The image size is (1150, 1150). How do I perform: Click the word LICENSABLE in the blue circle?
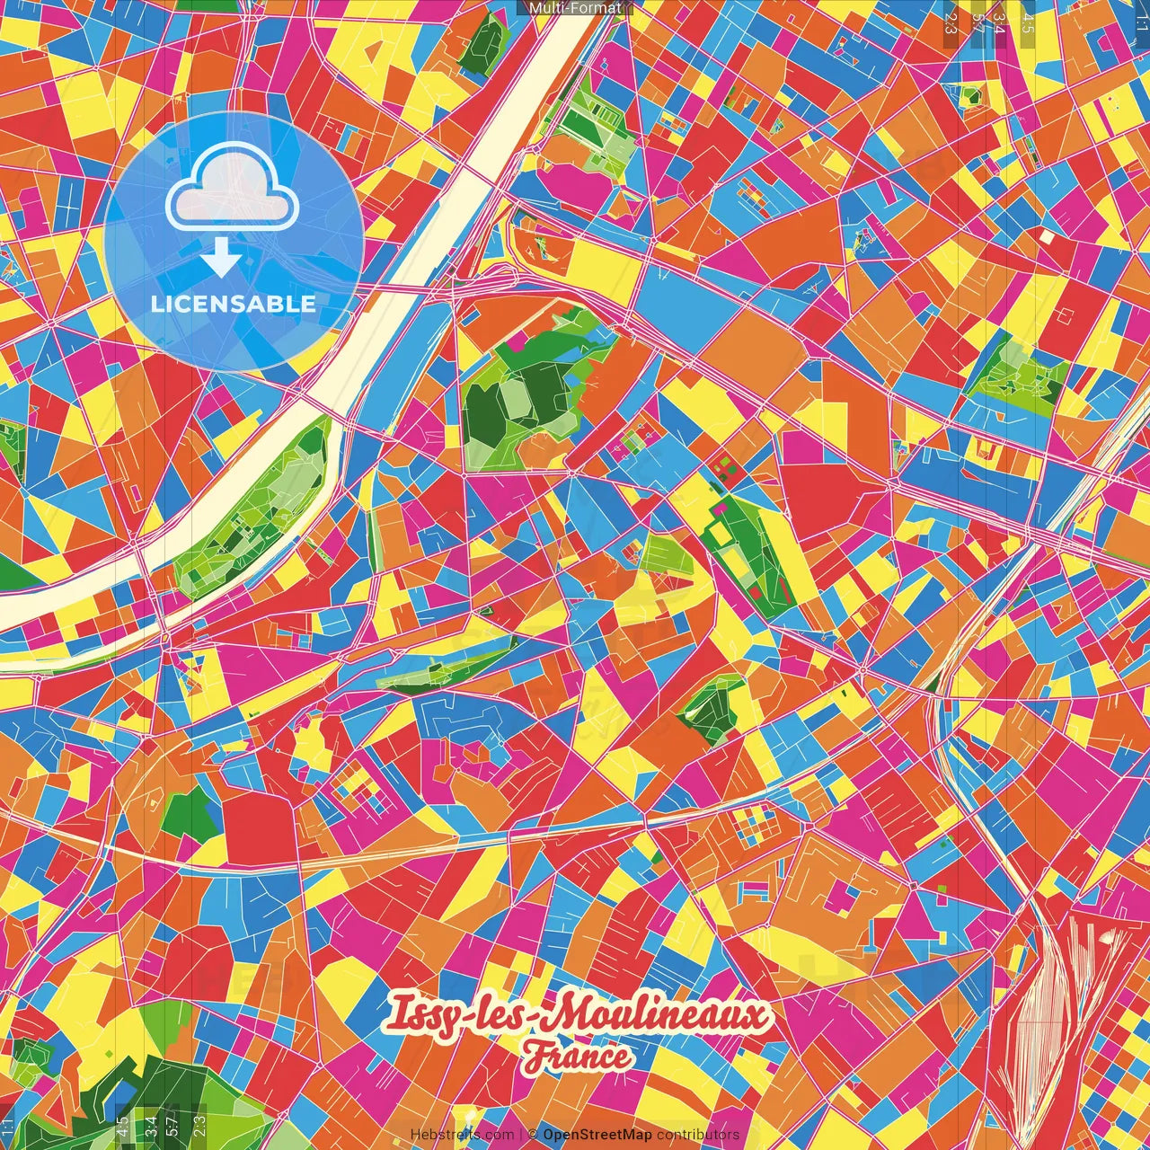[x=234, y=304]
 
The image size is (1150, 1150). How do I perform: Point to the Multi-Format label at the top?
[x=575, y=8]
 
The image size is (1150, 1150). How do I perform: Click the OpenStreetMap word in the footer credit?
[x=597, y=1135]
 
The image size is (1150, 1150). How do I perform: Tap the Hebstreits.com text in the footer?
[x=462, y=1135]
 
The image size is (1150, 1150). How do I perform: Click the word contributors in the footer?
[x=698, y=1135]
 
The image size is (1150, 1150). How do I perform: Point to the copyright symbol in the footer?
[x=532, y=1135]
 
